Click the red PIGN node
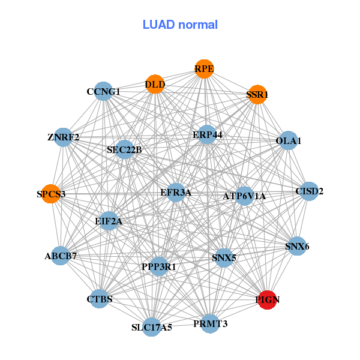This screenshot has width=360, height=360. point(267,300)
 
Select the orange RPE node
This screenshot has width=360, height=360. point(204,69)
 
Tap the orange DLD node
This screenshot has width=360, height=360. point(155,84)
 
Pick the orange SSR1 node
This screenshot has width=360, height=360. point(257,94)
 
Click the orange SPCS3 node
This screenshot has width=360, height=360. point(51,194)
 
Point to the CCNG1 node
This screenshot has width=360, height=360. point(103,91)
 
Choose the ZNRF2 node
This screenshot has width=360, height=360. point(63,137)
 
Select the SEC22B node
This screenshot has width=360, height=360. point(124,149)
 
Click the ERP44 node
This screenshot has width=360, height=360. point(207,134)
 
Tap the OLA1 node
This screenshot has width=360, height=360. point(288,140)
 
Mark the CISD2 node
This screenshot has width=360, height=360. point(309,191)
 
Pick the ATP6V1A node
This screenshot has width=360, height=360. point(244,196)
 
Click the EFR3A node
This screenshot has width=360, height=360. point(176,193)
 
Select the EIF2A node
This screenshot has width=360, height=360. point(109,221)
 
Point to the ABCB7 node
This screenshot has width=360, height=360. point(61,256)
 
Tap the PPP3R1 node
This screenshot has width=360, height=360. point(158,266)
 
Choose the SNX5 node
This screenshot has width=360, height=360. point(224,258)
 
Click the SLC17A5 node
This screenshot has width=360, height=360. point(152,327)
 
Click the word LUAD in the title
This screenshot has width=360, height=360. point(158,25)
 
